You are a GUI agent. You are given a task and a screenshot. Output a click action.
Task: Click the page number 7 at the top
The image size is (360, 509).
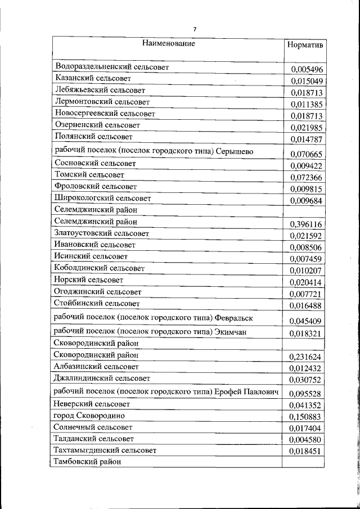pos(195,29)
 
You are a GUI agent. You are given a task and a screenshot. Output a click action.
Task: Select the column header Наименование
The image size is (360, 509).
pos(169,43)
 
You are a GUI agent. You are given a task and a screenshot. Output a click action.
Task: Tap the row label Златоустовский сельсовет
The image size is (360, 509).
pos(102,233)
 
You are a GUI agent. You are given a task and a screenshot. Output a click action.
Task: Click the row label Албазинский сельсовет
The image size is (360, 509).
pos(96,367)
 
